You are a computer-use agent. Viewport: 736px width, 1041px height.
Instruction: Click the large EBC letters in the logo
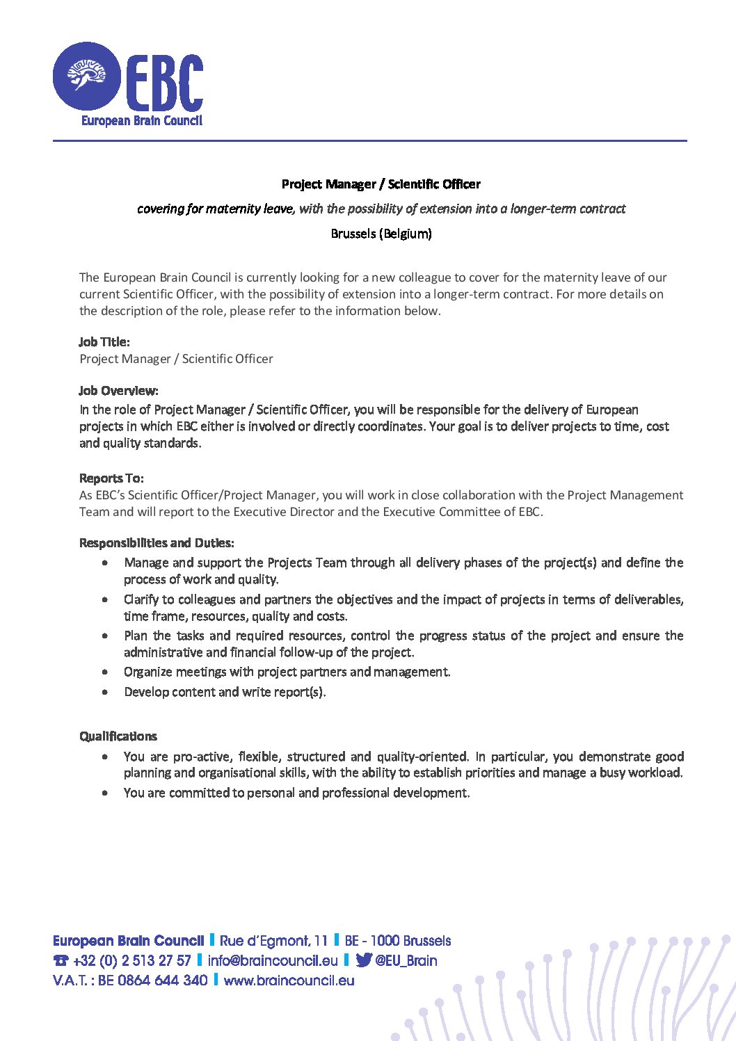pos(164,81)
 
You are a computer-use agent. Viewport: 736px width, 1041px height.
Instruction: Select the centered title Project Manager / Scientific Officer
pos(381,184)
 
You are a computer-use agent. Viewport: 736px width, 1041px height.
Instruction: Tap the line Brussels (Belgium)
pos(381,234)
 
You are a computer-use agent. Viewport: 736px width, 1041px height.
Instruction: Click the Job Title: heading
pos(104,342)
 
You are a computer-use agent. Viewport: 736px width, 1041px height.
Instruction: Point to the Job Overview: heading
pos(119,391)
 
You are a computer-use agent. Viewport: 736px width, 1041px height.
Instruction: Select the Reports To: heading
pos(111,478)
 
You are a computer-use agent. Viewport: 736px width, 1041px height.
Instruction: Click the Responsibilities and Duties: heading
pos(157,543)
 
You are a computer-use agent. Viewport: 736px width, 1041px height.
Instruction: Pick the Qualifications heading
pos(118,736)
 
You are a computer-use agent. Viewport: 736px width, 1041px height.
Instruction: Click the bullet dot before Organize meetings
pos(105,672)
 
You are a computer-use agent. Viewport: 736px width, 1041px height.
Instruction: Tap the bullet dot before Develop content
pos(105,693)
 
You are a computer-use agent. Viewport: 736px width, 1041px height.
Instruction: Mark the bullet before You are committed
pos(105,793)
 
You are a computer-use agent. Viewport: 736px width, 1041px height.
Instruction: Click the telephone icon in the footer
pos(61,961)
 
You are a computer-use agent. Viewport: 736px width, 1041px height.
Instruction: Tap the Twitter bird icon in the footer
pos(363,960)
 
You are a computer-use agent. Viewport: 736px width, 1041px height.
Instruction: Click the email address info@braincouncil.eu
pos(273,961)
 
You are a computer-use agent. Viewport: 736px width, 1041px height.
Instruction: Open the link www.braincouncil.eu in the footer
pos(289,981)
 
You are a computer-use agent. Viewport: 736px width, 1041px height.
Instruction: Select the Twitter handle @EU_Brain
pos(406,961)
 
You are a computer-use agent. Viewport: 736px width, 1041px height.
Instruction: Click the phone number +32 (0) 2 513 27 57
pos(131,961)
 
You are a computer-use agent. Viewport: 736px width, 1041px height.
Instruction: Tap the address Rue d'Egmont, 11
pos(273,941)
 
